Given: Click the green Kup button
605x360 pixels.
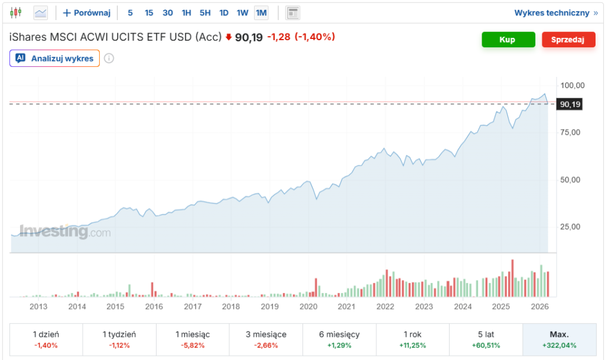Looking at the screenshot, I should tap(507, 40).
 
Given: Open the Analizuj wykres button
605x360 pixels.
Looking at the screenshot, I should tap(55, 58).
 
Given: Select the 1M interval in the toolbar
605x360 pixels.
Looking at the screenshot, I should tap(261, 12).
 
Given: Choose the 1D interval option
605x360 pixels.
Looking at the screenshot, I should tap(223, 12).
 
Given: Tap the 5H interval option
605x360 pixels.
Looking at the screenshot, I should tap(205, 12).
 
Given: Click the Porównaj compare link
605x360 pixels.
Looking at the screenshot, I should tap(87, 12).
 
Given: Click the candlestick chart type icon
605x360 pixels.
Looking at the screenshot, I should tap(16, 12).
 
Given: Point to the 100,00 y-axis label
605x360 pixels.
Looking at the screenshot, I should tap(571, 85).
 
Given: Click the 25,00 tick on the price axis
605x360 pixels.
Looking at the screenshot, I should tap(571, 227).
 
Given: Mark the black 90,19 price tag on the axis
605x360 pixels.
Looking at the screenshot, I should tap(570, 104).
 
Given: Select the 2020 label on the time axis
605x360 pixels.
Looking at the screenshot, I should tap(308, 306).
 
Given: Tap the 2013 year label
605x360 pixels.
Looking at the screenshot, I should tap(38, 306).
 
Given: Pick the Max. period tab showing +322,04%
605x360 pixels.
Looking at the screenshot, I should tap(558, 339).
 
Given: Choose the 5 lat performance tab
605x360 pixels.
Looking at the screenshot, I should tap(486, 339).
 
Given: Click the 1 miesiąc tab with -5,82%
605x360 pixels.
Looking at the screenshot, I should tap(192, 339).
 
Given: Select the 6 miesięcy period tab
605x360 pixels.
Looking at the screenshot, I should tap(339, 339).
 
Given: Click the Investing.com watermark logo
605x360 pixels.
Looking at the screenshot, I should tap(65, 232).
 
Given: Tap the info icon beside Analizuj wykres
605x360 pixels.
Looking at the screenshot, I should tap(109, 58).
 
